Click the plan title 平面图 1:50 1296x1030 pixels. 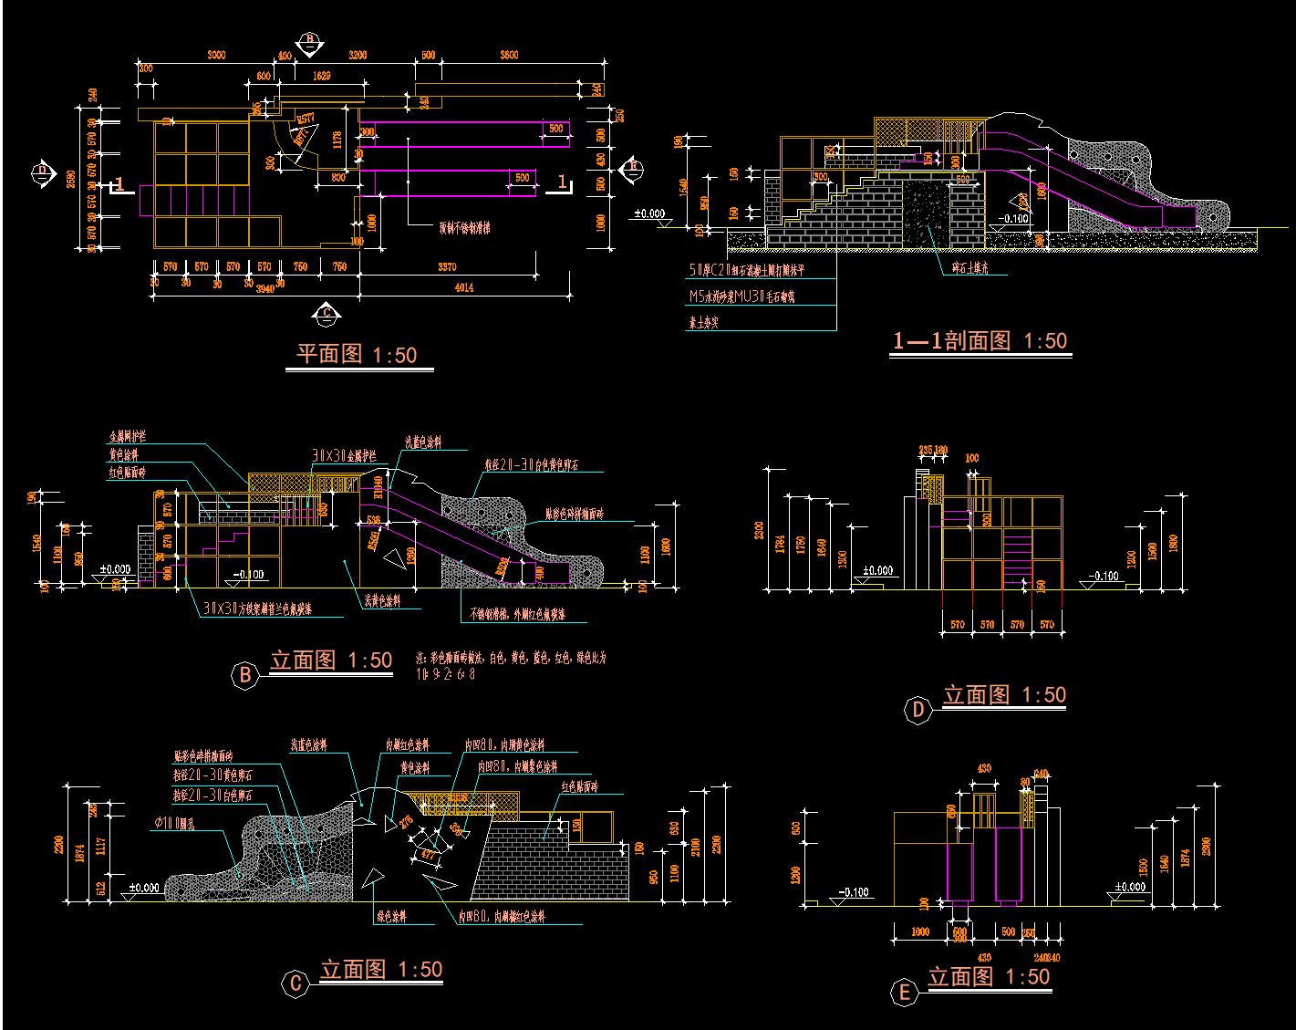click(x=357, y=354)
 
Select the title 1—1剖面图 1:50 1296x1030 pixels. click(x=980, y=341)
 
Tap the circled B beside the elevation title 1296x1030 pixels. click(x=244, y=675)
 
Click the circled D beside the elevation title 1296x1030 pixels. click(x=918, y=710)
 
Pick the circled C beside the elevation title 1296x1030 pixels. click(x=295, y=983)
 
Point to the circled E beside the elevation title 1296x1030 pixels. click(x=904, y=993)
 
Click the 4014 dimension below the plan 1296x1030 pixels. click(x=463, y=287)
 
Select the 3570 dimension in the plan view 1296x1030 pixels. click(x=447, y=266)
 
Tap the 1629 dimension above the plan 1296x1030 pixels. click(x=321, y=77)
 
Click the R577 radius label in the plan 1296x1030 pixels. click(x=305, y=118)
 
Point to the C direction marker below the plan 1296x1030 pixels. click(x=327, y=315)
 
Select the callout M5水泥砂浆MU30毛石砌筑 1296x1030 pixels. click(x=741, y=297)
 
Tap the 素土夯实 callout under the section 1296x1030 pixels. click(x=703, y=322)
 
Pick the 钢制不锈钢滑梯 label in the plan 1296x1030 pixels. click(x=464, y=227)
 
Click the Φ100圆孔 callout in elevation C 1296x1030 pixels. click(x=174, y=824)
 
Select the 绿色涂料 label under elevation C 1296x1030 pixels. click(x=391, y=916)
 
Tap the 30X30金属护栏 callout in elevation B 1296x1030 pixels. click(x=344, y=455)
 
